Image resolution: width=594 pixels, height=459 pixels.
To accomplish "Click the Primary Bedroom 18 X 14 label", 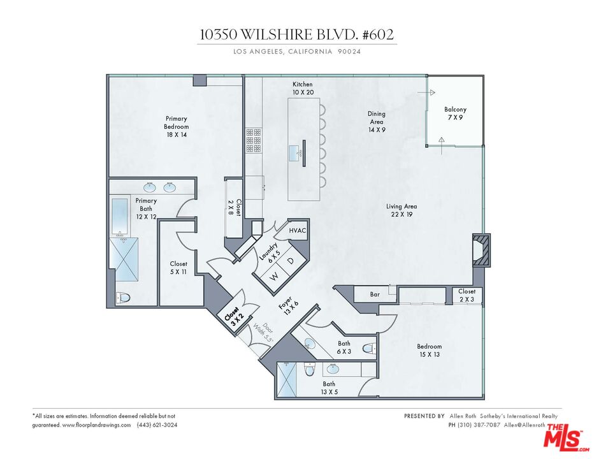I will pos(176,122).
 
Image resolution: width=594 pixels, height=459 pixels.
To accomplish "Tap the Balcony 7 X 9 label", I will pos(455,113).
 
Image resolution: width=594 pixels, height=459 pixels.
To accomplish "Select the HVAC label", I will pos(298,230).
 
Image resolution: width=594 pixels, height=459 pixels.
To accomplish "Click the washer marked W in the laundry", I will pos(275,276).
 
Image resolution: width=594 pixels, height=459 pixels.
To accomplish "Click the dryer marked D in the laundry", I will pos(291,261).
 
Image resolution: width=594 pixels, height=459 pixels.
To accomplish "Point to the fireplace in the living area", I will pos(481,249).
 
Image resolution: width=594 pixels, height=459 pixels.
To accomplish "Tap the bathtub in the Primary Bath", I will pos(119,217).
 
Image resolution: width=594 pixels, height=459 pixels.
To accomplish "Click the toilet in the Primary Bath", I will pos(123,297).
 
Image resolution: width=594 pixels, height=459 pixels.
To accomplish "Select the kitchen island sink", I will pos(296,153).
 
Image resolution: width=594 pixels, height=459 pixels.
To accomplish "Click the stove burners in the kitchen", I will pos(254,140).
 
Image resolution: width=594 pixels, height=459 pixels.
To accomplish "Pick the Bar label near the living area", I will pos(375,295).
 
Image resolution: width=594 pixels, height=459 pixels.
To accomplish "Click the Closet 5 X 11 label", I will pos(178,268).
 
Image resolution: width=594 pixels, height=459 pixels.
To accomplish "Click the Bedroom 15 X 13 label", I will pos(430,351).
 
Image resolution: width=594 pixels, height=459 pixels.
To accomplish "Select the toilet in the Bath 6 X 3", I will pos(368,348).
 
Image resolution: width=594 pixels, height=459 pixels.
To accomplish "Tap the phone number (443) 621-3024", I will pos(157,425).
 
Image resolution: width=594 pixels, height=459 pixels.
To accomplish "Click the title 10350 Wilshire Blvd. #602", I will pos(297,34).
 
